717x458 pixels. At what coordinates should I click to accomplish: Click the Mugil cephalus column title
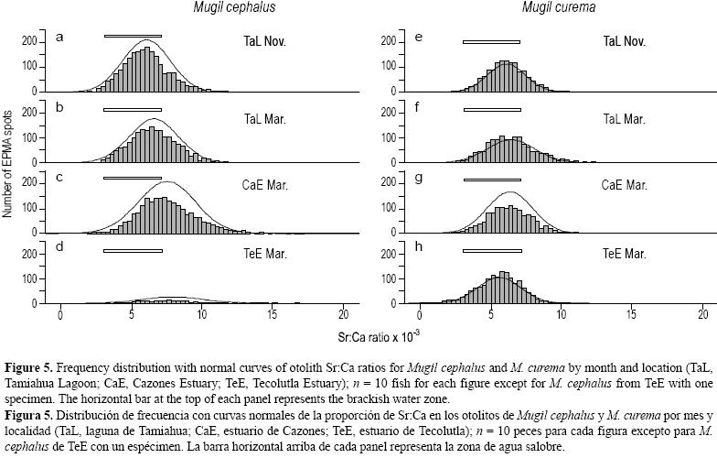point(234,8)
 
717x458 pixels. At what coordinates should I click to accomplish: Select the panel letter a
point(59,38)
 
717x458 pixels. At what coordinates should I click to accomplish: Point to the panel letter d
point(59,248)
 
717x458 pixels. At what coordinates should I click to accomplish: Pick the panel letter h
point(418,248)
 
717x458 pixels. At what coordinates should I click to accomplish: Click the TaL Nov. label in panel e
point(625,41)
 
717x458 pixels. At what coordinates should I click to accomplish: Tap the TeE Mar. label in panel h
point(625,255)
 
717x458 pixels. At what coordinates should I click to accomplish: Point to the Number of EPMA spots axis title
point(8,161)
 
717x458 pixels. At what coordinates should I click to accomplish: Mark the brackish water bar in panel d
point(133,250)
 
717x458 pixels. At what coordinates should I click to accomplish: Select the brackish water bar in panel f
point(491,110)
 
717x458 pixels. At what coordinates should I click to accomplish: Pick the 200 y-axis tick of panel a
point(29,41)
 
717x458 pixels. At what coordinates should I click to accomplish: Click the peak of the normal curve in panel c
point(166,181)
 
